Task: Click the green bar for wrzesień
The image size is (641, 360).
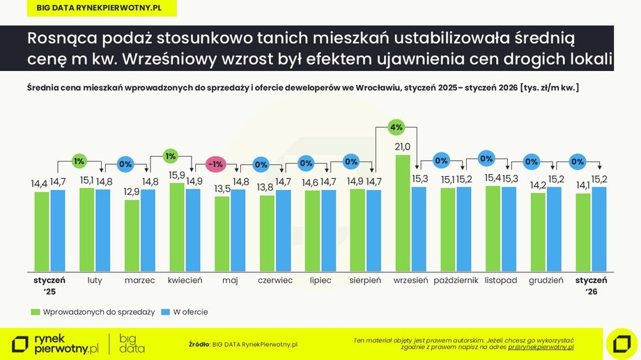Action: point(402,213)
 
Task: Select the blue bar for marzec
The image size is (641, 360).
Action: point(148,230)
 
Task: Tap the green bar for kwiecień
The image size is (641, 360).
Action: point(177,227)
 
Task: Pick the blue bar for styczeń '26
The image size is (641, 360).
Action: point(598,229)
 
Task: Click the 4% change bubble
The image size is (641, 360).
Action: point(396,127)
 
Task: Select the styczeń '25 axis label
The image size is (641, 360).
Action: point(49,285)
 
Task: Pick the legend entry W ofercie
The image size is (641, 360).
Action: point(185,312)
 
